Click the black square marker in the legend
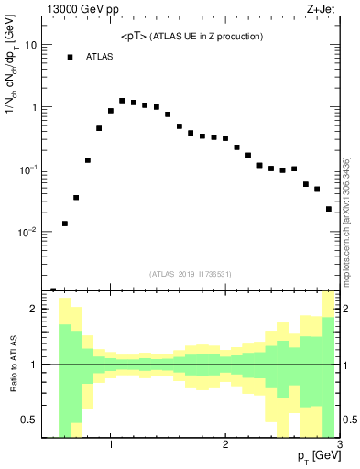[70, 57]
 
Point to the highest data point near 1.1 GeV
[122, 101]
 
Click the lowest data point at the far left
[53, 290]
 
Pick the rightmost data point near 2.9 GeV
[329, 209]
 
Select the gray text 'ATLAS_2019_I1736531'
[191, 274]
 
